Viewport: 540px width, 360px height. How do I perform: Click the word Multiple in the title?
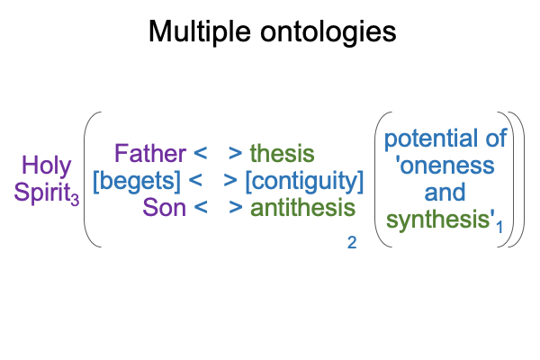click(200, 32)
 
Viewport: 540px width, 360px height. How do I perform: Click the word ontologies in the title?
click(328, 32)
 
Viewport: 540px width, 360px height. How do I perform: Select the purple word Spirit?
click(42, 192)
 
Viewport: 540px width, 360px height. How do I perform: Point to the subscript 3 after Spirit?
click(75, 200)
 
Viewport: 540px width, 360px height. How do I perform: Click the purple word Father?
click(150, 154)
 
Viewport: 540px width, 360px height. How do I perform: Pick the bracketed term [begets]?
click(137, 182)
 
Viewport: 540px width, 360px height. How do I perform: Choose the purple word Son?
click(165, 208)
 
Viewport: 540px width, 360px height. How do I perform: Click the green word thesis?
click(282, 153)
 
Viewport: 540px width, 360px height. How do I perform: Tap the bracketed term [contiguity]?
click(304, 182)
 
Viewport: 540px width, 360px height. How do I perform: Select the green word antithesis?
click(302, 208)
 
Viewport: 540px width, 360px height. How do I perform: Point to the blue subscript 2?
click(352, 243)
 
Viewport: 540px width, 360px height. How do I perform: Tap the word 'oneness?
click(445, 166)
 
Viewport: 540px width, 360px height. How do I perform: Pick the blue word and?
click(445, 193)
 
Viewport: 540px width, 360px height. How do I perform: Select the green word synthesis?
click(438, 220)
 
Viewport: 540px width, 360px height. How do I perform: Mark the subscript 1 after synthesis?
click(499, 228)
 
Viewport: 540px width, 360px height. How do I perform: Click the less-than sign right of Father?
click(201, 153)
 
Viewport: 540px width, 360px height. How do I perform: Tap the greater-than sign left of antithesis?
click(236, 207)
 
